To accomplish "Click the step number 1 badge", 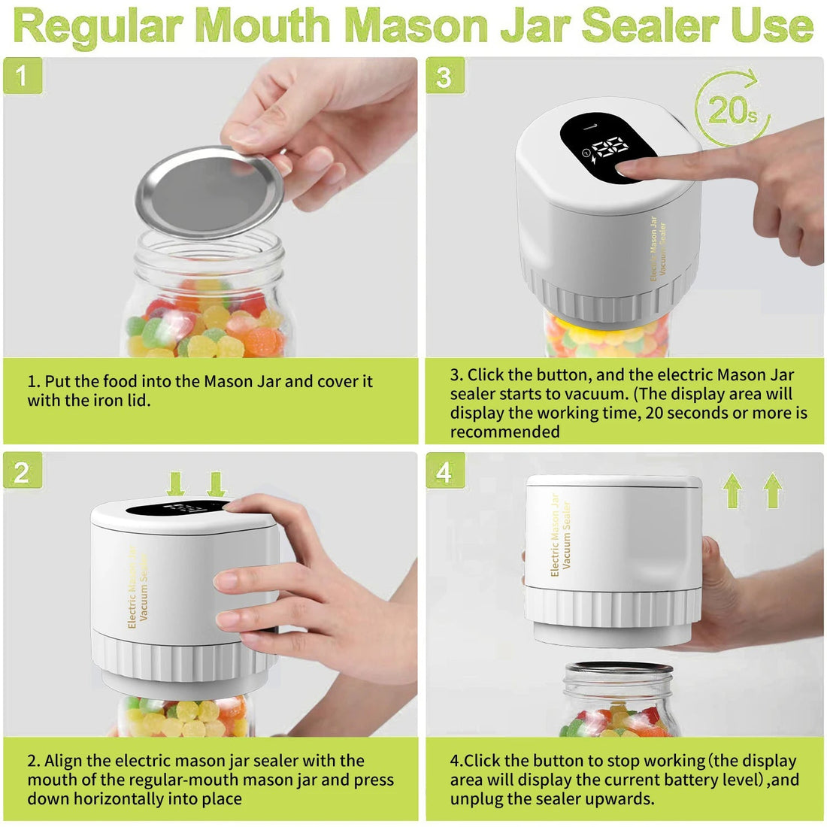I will [x=22, y=76].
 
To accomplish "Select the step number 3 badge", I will [x=444, y=76].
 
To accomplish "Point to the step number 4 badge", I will [x=444, y=471].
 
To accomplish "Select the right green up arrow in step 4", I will [x=772, y=490].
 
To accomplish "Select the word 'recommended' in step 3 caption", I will [x=504, y=432].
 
